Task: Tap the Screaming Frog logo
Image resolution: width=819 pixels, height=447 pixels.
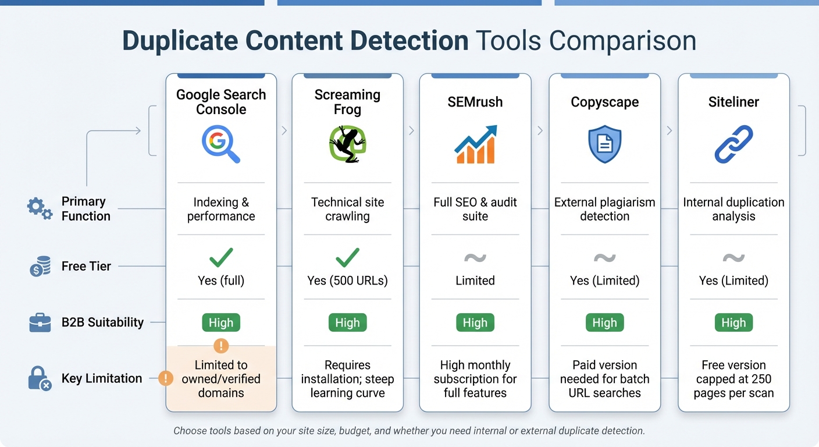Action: click(347, 144)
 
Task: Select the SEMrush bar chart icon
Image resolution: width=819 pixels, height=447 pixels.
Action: click(475, 144)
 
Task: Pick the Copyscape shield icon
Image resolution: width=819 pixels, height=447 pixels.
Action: click(604, 144)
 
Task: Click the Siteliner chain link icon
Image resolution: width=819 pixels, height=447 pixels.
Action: click(733, 144)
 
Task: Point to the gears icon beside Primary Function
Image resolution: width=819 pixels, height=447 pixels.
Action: click(40, 208)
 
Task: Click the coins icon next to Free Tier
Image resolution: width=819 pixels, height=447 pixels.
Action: click(40, 267)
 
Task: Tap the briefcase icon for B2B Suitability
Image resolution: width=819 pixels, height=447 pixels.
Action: click(40, 322)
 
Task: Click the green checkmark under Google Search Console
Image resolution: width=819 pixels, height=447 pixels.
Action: click(221, 257)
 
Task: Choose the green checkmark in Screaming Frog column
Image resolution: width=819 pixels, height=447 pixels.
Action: click(347, 257)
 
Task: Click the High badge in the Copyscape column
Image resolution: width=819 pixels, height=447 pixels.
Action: click(604, 322)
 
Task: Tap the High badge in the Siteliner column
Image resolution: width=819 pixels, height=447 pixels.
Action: click(733, 322)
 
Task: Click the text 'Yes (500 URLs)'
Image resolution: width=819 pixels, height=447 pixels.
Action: click(347, 281)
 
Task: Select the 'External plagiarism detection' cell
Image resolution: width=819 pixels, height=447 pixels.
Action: click(604, 209)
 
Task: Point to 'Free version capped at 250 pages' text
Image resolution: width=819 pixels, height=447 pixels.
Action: click(733, 379)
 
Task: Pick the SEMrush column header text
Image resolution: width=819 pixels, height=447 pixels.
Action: click(475, 102)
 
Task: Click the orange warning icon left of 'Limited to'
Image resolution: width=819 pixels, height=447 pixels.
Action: click(166, 379)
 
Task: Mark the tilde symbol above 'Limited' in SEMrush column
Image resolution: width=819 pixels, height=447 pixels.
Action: click(475, 258)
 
